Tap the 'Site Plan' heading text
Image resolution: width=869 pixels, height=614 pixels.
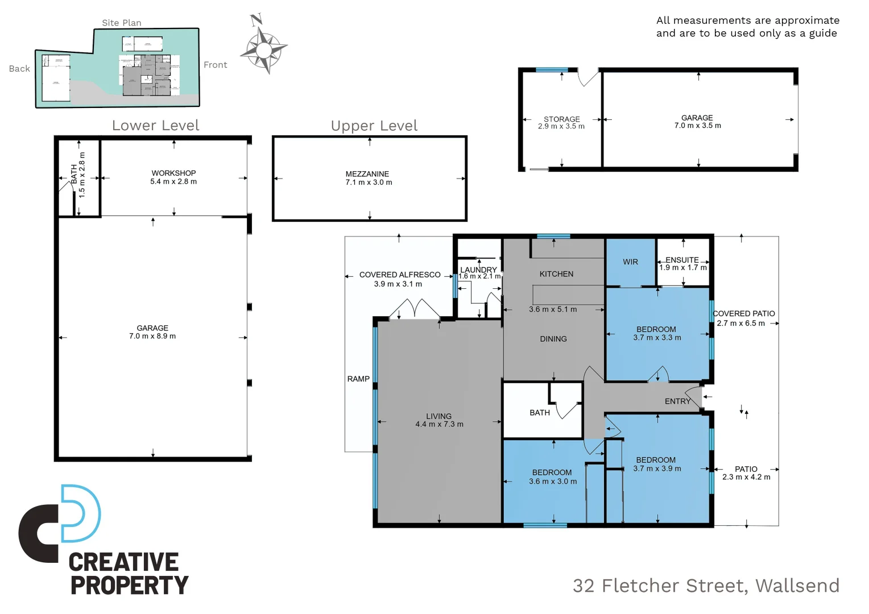(122, 23)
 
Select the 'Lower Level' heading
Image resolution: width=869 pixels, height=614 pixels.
(155, 126)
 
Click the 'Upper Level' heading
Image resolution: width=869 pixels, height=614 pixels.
(374, 126)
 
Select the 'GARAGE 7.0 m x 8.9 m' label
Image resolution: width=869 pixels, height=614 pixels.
(152, 332)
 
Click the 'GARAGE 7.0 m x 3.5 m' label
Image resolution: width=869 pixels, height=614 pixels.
(697, 122)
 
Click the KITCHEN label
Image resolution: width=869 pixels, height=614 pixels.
(556, 274)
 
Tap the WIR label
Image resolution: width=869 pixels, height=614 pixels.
(630, 262)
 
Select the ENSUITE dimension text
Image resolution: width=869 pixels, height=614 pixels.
(683, 268)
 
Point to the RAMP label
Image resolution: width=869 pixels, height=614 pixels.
(358, 379)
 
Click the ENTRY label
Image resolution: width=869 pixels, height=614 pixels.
(677, 401)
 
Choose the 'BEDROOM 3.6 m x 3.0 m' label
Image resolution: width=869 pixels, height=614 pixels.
(552, 476)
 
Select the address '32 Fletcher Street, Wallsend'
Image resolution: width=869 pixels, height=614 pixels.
(706, 586)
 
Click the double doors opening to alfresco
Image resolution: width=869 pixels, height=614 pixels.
(414, 310)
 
